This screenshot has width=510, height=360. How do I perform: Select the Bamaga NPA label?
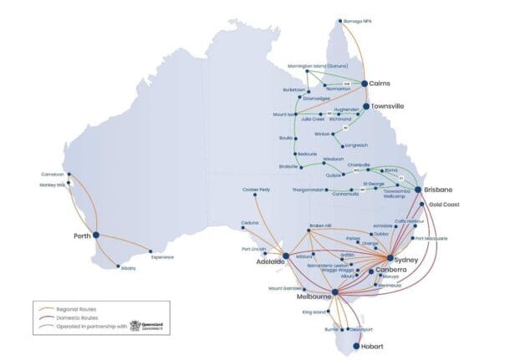356,20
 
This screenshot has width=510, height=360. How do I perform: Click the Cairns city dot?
365,83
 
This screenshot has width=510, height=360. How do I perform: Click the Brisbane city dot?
419,190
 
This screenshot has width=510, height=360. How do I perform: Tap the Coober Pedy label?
256,190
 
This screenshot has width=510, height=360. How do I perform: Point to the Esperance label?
163,258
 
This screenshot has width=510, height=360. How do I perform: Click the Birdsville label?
288,166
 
